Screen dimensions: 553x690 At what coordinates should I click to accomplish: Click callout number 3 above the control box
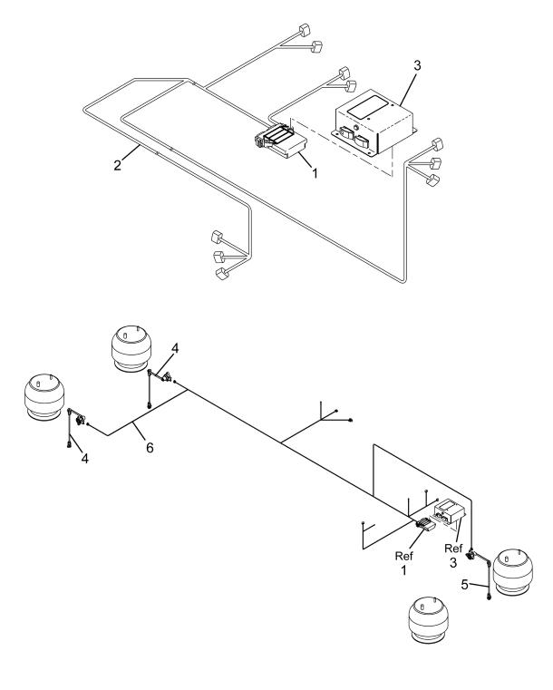pyautogui.click(x=417, y=65)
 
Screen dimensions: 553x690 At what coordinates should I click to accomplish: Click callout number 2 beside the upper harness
pyautogui.click(x=117, y=165)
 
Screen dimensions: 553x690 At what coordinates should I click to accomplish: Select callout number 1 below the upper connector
pyautogui.click(x=315, y=173)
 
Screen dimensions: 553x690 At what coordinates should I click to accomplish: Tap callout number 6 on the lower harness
pyautogui.click(x=150, y=448)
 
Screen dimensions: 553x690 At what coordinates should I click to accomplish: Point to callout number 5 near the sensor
pyautogui.click(x=464, y=585)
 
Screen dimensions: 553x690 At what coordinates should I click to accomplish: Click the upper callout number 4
pyautogui.click(x=175, y=348)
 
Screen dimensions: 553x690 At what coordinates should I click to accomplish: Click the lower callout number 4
pyautogui.click(x=84, y=459)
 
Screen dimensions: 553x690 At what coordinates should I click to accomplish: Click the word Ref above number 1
pyautogui.click(x=403, y=556)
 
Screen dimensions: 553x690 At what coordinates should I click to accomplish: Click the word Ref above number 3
pyautogui.click(x=453, y=549)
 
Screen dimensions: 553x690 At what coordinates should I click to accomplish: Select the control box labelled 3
pyautogui.click(x=374, y=122)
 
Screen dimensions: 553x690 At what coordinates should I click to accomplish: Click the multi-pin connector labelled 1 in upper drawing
pyautogui.click(x=280, y=140)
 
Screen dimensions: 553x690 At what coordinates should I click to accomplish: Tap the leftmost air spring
pyautogui.click(x=44, y=397)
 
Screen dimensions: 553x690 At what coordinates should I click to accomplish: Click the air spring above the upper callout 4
pyautogui.click(x=131, y=348)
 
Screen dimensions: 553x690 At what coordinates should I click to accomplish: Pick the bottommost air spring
pyautogui.click(x=430, y=619)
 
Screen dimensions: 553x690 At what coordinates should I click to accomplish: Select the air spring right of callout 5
pyautogui.click(x=512, y=571)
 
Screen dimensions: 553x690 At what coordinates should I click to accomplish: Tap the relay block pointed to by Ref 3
pyautogui.click(x=450, y=511)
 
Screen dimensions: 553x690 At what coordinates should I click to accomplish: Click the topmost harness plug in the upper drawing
pyautogui.click(x=305, y=30)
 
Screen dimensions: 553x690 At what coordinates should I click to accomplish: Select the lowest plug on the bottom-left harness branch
pyautogui.click(x=222, y=273)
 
